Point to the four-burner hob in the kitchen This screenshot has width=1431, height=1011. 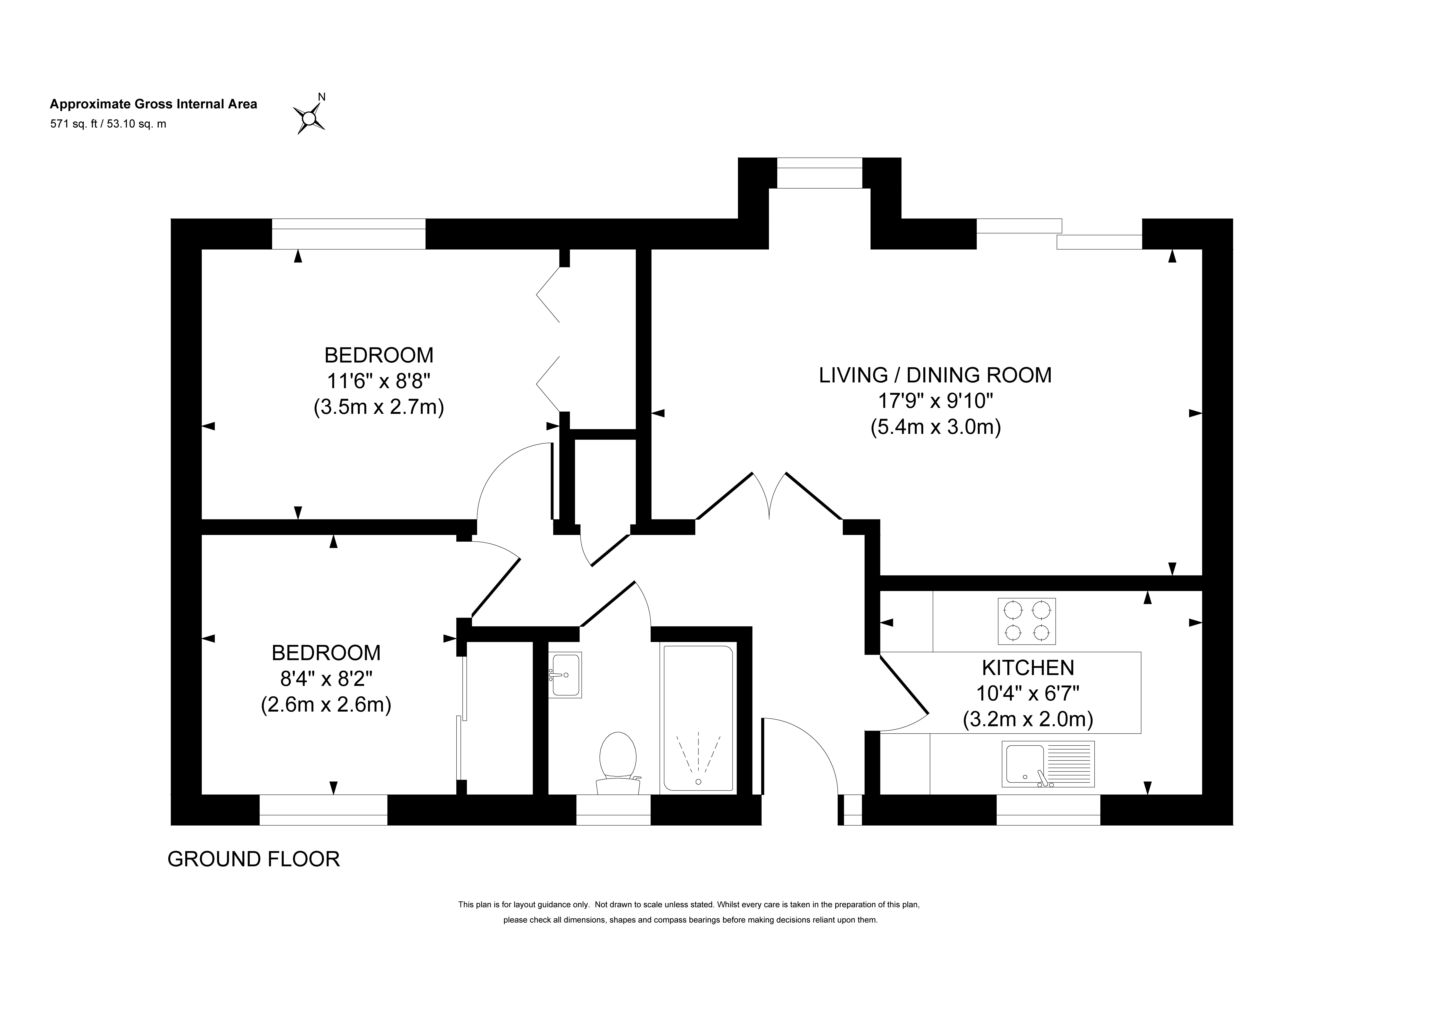[1027, 621]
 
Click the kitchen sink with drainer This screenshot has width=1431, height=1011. [1048, 763]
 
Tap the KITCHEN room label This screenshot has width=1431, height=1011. [1028, 668]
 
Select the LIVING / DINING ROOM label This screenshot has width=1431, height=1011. [935, 375]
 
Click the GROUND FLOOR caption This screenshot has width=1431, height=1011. [254, 859]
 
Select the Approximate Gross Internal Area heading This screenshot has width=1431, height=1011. [153, 104]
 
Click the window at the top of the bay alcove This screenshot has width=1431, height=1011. [820, 173]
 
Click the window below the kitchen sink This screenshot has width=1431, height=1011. [1048, 810]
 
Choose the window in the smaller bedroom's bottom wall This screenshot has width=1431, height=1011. [323, 810]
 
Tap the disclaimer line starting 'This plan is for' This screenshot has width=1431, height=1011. [689, 904]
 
